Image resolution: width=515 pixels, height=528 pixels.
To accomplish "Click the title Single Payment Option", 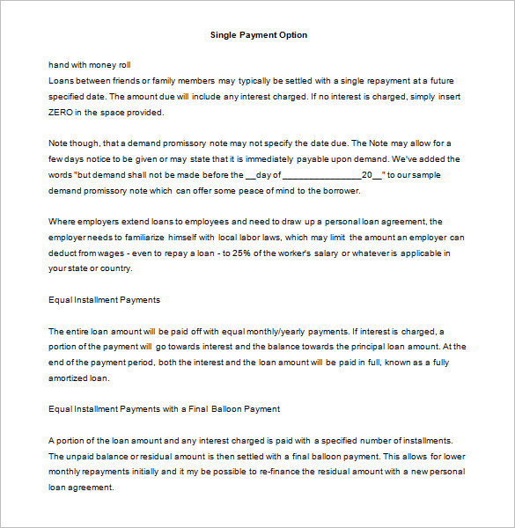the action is pos(259,35).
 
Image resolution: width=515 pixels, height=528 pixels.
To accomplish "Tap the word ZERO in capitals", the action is pos(63,113).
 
